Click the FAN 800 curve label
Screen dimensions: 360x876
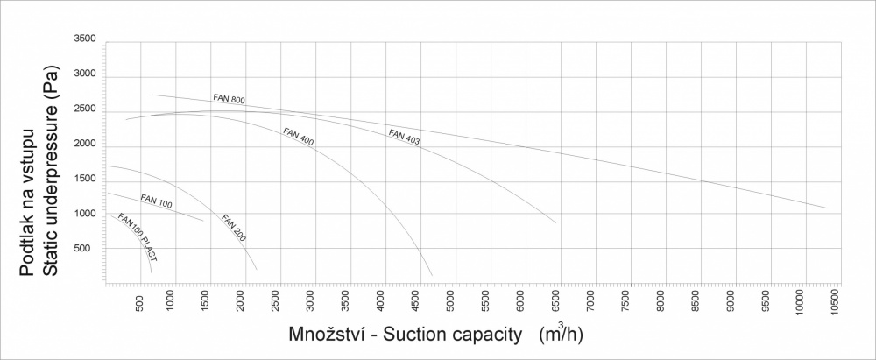click(229, 98)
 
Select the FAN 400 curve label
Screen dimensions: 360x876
click(298, 137)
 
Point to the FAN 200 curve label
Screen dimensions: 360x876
click(234, 227)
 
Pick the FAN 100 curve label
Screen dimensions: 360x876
click(156, 202)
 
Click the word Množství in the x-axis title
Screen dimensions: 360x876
click(326, 335)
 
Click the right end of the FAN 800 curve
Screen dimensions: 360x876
click(826, 208)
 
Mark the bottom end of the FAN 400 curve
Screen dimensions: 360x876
click(432, 276)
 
